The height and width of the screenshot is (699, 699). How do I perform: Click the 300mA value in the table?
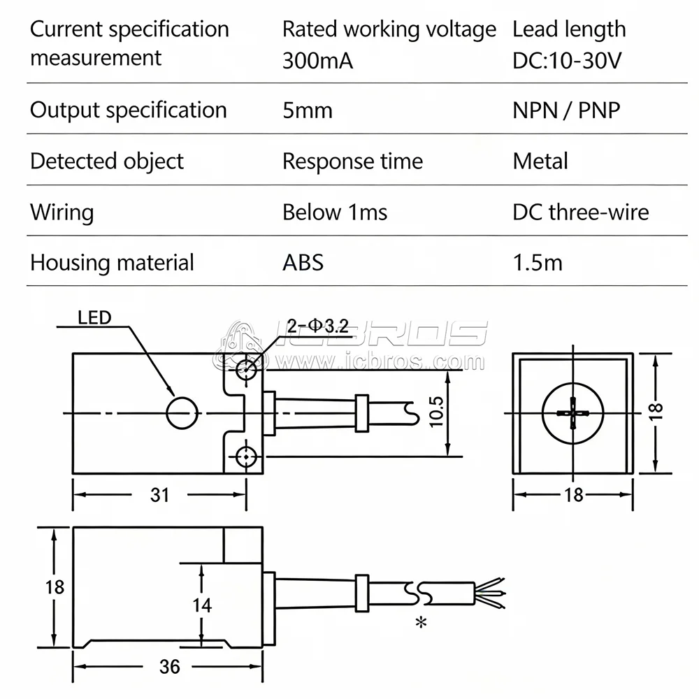318,61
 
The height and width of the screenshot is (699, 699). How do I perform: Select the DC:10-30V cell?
567,61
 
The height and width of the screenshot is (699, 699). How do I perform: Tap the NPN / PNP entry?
566,110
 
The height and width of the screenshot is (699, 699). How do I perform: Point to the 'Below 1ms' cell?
335,212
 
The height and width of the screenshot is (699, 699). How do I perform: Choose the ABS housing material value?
303,263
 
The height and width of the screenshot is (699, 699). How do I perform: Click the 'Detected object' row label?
106,161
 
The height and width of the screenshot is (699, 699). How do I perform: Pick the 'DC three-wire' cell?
580,212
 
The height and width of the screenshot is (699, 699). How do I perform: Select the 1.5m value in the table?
538,263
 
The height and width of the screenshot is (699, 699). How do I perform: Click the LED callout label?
94,318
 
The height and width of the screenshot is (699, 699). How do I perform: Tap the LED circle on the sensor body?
182,413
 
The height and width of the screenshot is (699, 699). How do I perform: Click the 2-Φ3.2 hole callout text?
317,326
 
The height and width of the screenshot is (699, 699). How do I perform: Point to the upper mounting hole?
245,368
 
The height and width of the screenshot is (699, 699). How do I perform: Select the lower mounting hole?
245,456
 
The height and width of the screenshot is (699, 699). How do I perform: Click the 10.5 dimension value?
436,412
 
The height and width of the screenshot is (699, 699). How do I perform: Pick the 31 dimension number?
159,495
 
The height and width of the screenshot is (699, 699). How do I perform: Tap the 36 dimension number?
169,667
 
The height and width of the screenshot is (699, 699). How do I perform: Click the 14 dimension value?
202,605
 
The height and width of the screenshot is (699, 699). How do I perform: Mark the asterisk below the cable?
421,622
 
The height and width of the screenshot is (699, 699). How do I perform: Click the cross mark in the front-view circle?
573,413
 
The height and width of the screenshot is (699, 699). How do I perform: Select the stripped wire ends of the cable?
490,593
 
